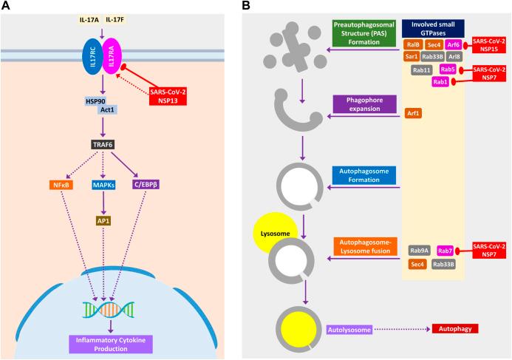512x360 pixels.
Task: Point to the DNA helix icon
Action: pyautogui.click(x=109, y=305)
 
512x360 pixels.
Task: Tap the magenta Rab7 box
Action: pyautogui.click(x=446, y=251)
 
